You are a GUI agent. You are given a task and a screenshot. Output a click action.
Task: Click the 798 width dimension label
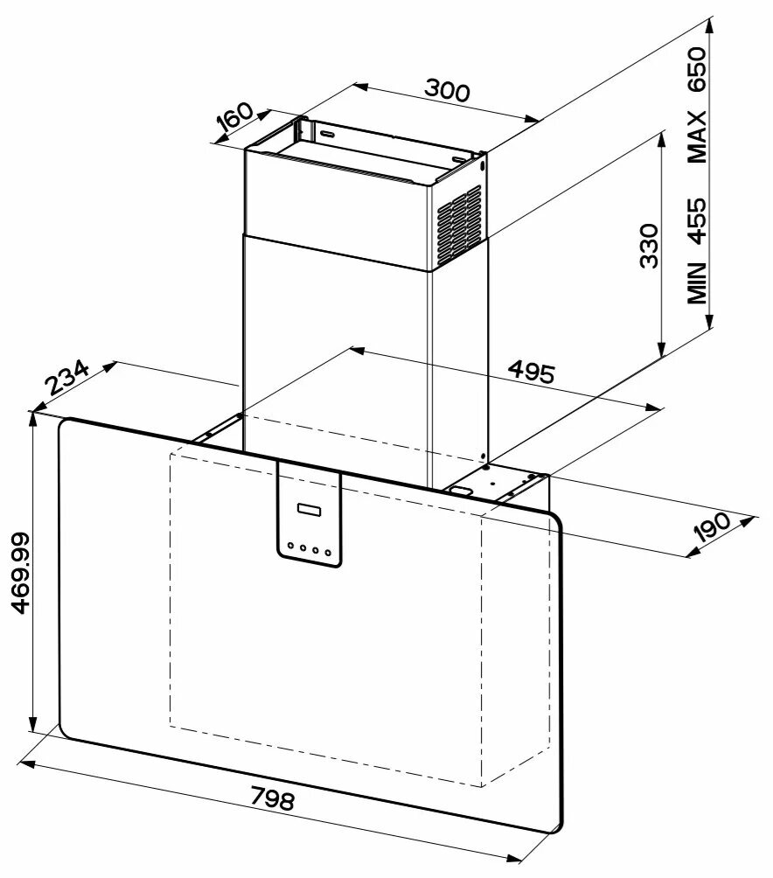(x=273, y=799)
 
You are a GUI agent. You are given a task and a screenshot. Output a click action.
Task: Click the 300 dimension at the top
(x=447, y=89)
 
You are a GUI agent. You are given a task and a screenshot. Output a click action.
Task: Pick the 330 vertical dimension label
(x=648, y=247)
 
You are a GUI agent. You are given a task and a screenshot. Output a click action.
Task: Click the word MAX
(x=696, y=136)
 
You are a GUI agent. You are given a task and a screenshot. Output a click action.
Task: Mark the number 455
(x=696, y=220)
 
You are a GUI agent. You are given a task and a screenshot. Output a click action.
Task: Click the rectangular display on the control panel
(x=310, y=509)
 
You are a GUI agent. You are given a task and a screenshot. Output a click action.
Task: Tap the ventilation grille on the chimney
(x=459, y=226)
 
